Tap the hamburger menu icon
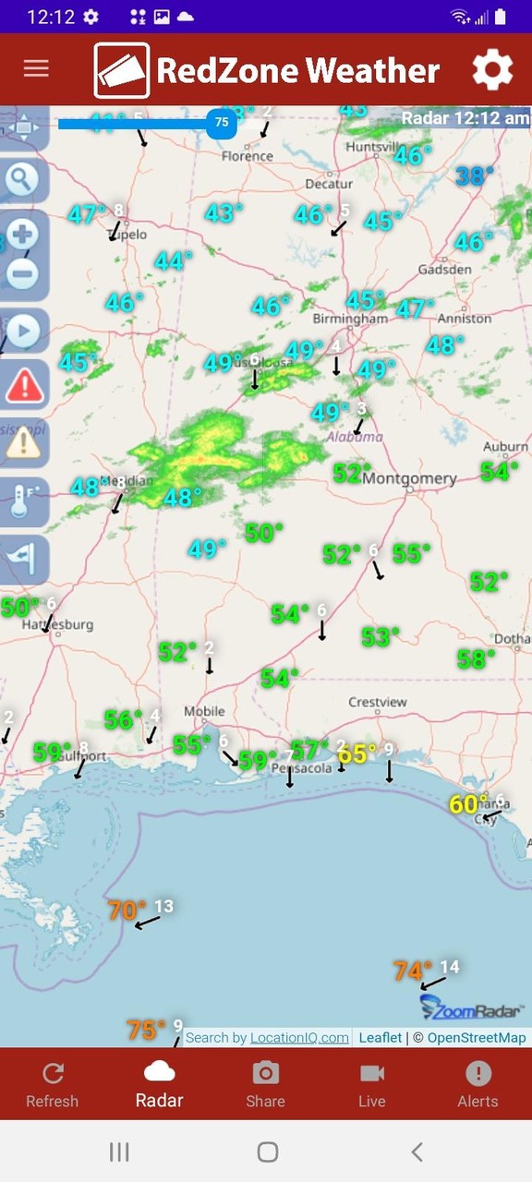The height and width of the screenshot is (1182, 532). (x=36, y=69)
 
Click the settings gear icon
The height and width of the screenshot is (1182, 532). (x=492, y=70)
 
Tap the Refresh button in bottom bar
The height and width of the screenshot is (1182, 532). (x=53, y=1084)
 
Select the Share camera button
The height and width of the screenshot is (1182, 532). (x=265, y=1084)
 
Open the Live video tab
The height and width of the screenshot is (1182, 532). (x=371, y=1084)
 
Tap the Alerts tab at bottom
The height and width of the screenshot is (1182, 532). (x=478, y=1084)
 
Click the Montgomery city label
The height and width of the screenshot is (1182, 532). (x=409, y=478)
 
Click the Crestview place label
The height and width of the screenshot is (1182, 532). (x=378, y=702)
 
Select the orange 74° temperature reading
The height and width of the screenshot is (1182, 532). (x=412, y=971)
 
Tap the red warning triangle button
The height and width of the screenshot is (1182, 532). (x=24, y=383)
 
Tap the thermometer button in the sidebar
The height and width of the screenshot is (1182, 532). (x=22, y=501)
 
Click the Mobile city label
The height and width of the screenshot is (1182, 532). (x=204, y=711)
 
